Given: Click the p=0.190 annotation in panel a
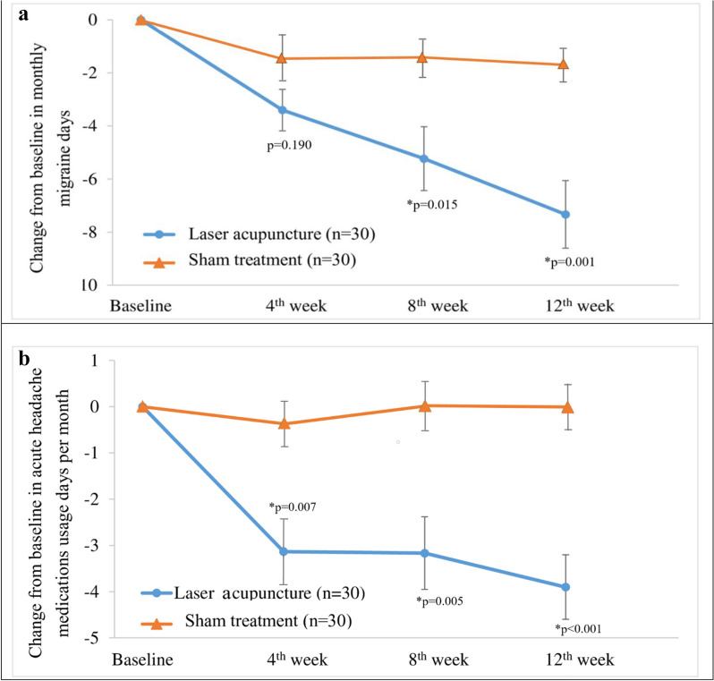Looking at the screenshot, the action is (289, 146).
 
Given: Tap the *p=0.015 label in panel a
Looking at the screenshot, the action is (432, 205).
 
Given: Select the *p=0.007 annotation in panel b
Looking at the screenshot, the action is (293, 507).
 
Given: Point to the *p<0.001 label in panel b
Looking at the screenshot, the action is (578, 628).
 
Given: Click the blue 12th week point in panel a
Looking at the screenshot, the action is (565, 215).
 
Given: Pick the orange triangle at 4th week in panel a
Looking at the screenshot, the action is (282, 58).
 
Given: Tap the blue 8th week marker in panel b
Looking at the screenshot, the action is (424, 553).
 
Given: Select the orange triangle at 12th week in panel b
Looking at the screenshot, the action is (567, 407).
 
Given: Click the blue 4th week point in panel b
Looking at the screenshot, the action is (284, 551).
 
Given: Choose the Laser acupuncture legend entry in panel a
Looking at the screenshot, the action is (259, 234).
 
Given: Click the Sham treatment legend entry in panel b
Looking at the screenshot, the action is (246, 621).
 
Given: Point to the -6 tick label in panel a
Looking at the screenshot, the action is (89, 179).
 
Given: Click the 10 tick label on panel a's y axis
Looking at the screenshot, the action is (89, 285).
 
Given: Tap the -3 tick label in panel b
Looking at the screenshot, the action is (91, 545).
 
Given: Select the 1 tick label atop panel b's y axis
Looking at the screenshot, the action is (94, 361).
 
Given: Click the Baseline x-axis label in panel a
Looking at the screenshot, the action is (140, 306).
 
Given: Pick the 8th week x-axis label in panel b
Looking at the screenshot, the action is (438, 660).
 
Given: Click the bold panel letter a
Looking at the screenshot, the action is (23, 14).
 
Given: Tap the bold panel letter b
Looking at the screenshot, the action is (24, 359).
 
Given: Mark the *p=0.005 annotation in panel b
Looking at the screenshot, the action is (439, 601).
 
